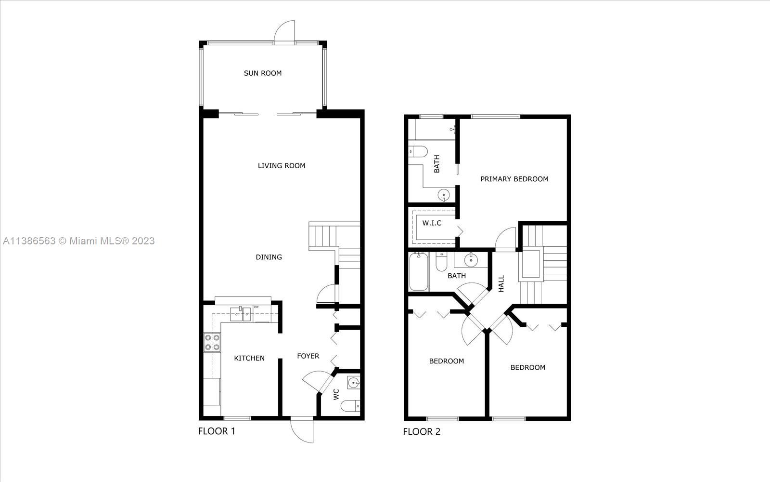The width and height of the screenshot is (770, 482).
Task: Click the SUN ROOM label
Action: (x=263, y=73)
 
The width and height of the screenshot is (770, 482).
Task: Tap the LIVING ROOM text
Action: (x=282, y=166)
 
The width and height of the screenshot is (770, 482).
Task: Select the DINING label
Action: (x=269, y=257)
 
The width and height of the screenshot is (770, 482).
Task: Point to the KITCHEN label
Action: (x=249, y=358)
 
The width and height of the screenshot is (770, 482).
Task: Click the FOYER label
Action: (x=308, y=356)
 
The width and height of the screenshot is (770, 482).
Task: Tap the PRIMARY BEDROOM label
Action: (x=514, y=179)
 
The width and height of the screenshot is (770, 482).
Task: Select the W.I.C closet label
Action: (x=432, y=223)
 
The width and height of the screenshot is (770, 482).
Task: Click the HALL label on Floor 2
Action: (x=501, y=284)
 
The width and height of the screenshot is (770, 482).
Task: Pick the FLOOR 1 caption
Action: (x=217, y=431)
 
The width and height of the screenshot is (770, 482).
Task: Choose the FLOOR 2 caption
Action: (x=422, y=432)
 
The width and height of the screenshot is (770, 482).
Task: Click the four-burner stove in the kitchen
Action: (x=212, y=342)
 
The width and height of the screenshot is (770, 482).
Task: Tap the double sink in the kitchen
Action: (x=241, y=314)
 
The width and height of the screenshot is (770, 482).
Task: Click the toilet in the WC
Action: (x=350, y=405)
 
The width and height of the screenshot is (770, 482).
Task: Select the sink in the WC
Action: (x=353, y=382)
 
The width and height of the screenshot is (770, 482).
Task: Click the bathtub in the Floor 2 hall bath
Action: (x=419, y=272)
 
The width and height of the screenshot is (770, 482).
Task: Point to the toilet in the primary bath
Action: (x=418, y=151)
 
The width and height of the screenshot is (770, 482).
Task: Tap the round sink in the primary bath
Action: (x=444, y=195)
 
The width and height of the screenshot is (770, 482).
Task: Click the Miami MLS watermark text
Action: (x=79, y=241)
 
